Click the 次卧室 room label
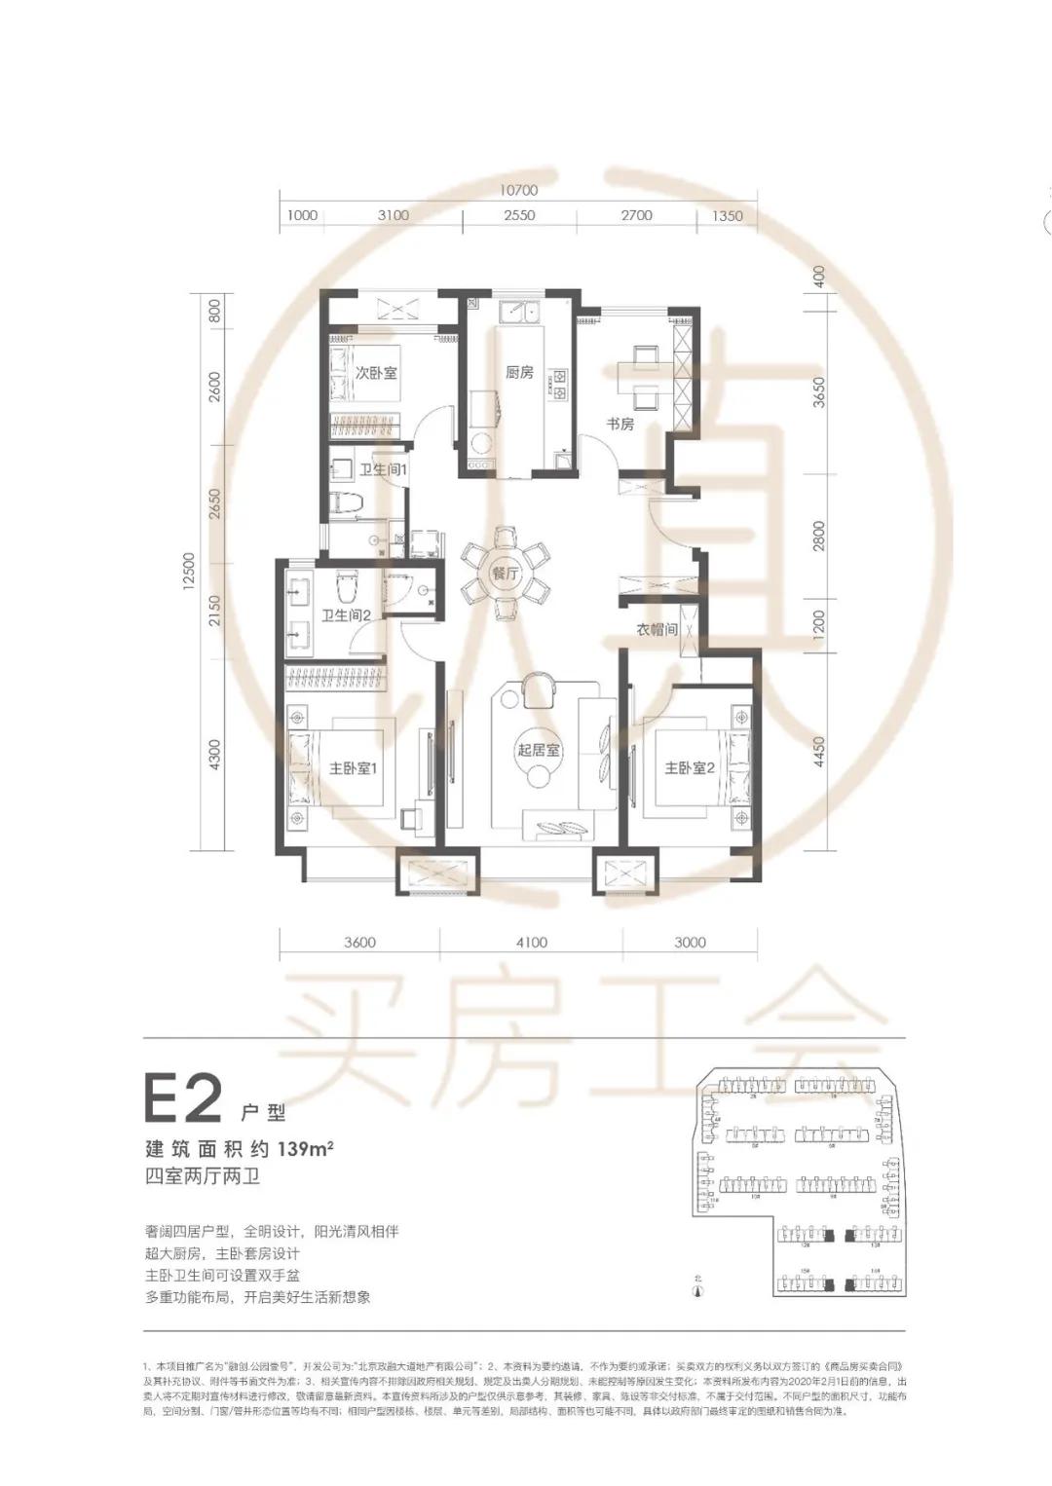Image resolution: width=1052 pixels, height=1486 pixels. (x=375, y=372)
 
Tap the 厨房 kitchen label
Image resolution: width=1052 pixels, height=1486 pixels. (x=519, y=372)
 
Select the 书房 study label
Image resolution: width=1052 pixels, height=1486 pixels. (x=620, y=424)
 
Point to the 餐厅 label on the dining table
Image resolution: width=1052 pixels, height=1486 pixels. (x=506, y=574)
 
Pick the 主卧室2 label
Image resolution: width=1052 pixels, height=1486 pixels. (x=690, y=768)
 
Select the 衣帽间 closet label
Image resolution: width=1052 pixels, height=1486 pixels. (x=657, y=630)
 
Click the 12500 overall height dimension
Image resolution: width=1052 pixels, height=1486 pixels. (x=189, y=572)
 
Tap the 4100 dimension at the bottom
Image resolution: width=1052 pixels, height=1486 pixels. (x=531, y=942)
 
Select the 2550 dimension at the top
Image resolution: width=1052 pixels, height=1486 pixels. (x=518, y=215)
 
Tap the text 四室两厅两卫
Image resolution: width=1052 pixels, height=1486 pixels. (x=202, y=1175)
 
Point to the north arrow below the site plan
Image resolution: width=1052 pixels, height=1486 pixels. (x=697, y=1291)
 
